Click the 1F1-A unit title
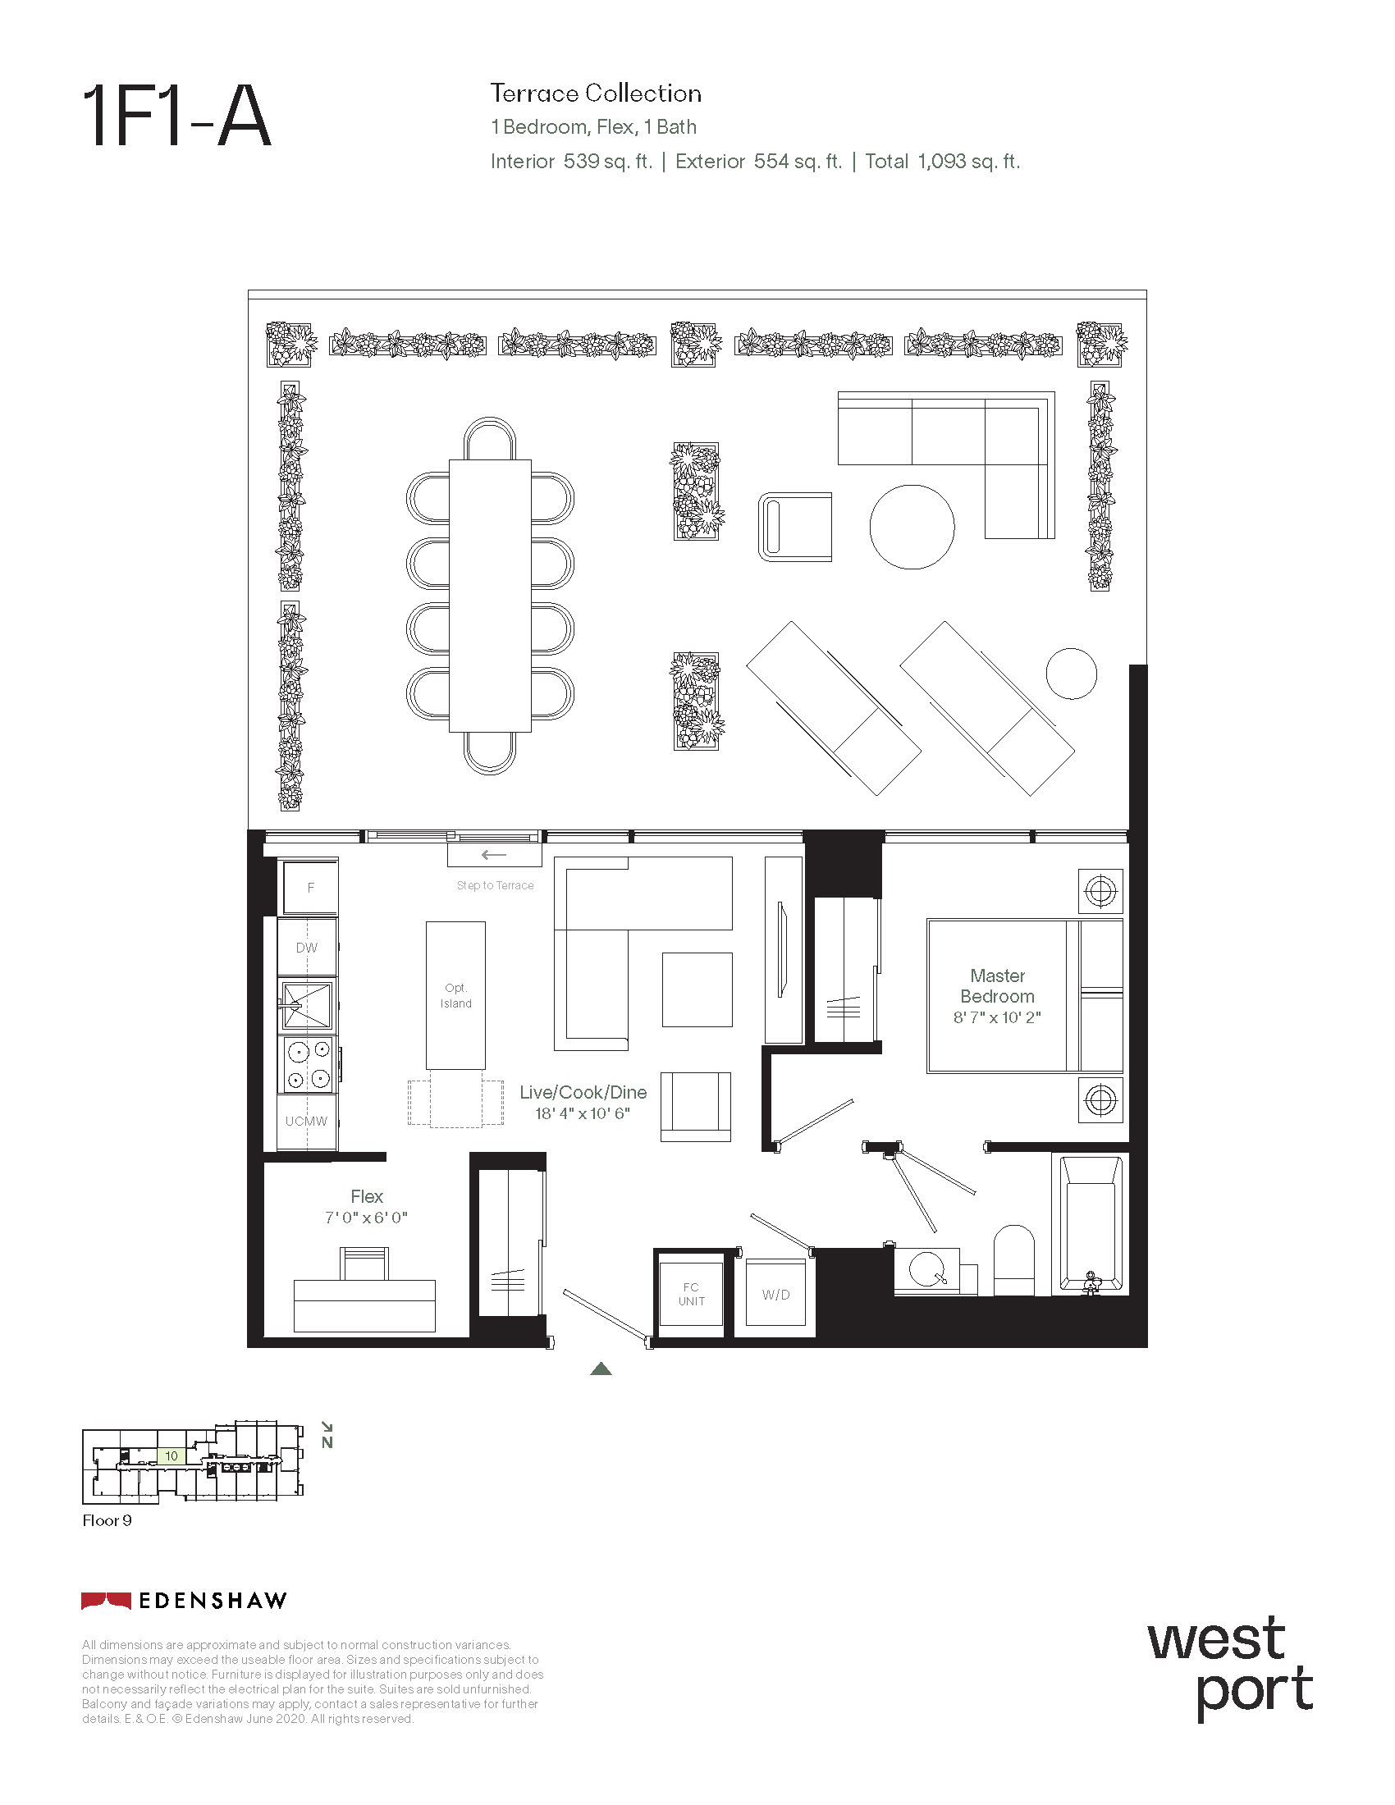tap(177, 118)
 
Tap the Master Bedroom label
tap(997, 986)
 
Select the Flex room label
tap(367, 1196)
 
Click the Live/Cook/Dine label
tap(583, 1092)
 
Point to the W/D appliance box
tap(775, 1294)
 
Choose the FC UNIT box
tap(691, 1294)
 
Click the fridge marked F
tap(310, 887)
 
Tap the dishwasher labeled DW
tap(307, 947)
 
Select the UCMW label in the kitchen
tap(307, 1122)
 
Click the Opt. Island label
tap(455, 995)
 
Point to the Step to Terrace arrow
tap(494, 855)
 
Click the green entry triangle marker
tap(601, 1369)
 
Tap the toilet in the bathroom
tap(1013, 1259)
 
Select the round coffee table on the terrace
tap(912, 527)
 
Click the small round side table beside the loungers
tap(1071, 673)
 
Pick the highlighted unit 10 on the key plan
tap(171, 1456)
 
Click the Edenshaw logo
tap(184, 1601)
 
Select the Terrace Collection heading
tap(596, 94)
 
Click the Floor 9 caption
tap(107, 1520)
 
